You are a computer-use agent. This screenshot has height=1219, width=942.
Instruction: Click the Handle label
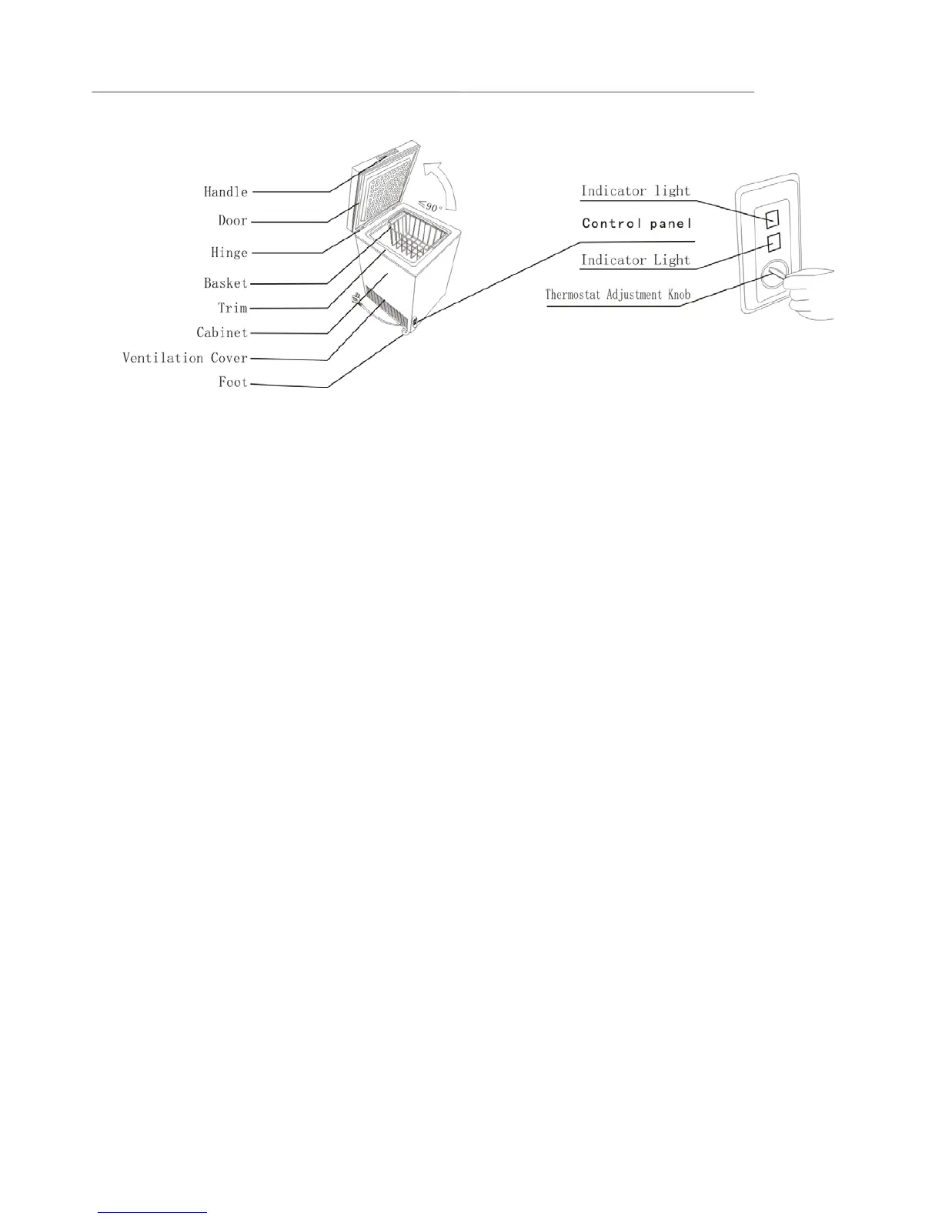[x=225, y=192]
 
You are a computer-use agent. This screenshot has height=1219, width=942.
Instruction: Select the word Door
[x=232, y=221]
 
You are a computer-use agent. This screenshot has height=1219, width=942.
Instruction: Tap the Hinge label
[x=229, y=252]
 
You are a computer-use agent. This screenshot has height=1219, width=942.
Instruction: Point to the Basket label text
[x=225, y=283]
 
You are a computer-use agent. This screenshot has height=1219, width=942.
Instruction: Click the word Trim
[x=232, y=308]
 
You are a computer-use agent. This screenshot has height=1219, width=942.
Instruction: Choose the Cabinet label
[x=222, y=333]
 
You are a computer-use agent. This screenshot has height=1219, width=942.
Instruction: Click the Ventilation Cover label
[x=185, y=358]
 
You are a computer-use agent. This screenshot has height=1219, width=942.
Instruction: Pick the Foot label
[x=232, y=382]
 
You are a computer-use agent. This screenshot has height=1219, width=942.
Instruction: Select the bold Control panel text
[x=637, y=224]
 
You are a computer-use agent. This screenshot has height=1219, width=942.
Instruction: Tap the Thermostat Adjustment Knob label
[x=618, y=295]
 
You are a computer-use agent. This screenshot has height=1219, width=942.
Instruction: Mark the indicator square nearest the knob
[x=774, y=242]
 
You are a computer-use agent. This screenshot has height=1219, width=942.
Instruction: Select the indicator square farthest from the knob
[x=774, y=219]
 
